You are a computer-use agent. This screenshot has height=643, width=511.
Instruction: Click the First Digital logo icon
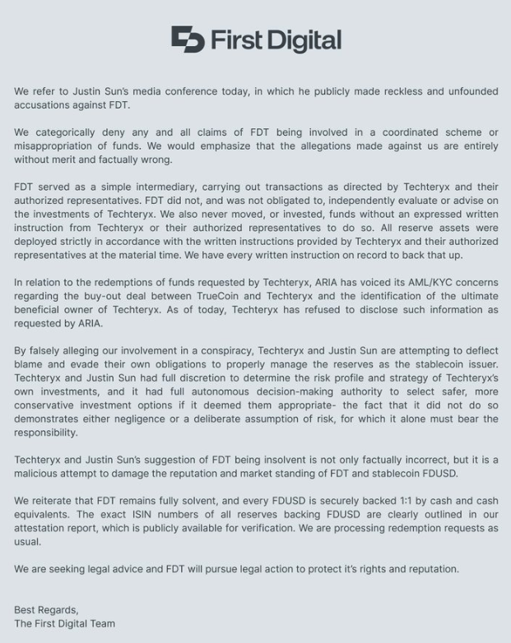pos(188,39)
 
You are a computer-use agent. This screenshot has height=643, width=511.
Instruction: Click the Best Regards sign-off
pos(46,610)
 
